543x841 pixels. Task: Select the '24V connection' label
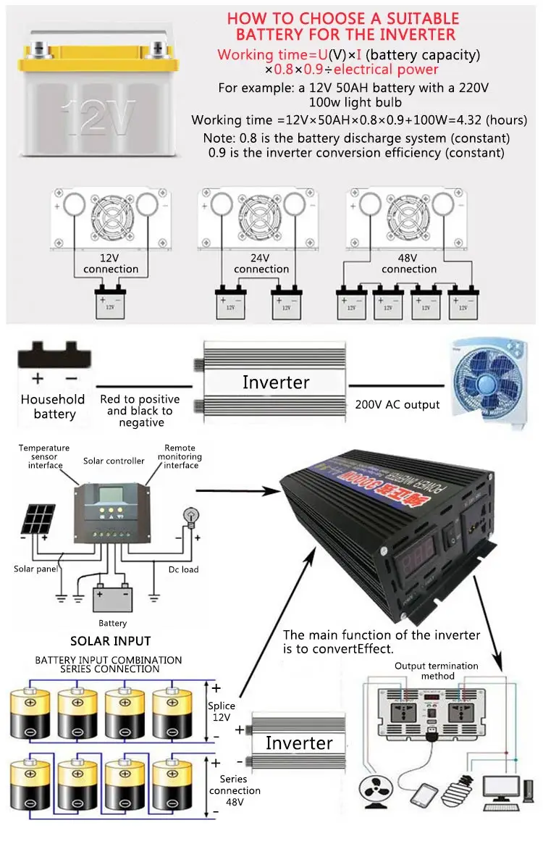tap(261, 264)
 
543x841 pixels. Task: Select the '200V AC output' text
tap(397, 404)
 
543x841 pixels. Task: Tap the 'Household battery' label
tap(53, 406)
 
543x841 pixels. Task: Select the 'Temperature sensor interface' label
tap(45, 457)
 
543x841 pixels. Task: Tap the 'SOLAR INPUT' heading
tap(111, 640)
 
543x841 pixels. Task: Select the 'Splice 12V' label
tap(222, 711)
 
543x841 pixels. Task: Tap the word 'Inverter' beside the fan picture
tap(276, 382)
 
